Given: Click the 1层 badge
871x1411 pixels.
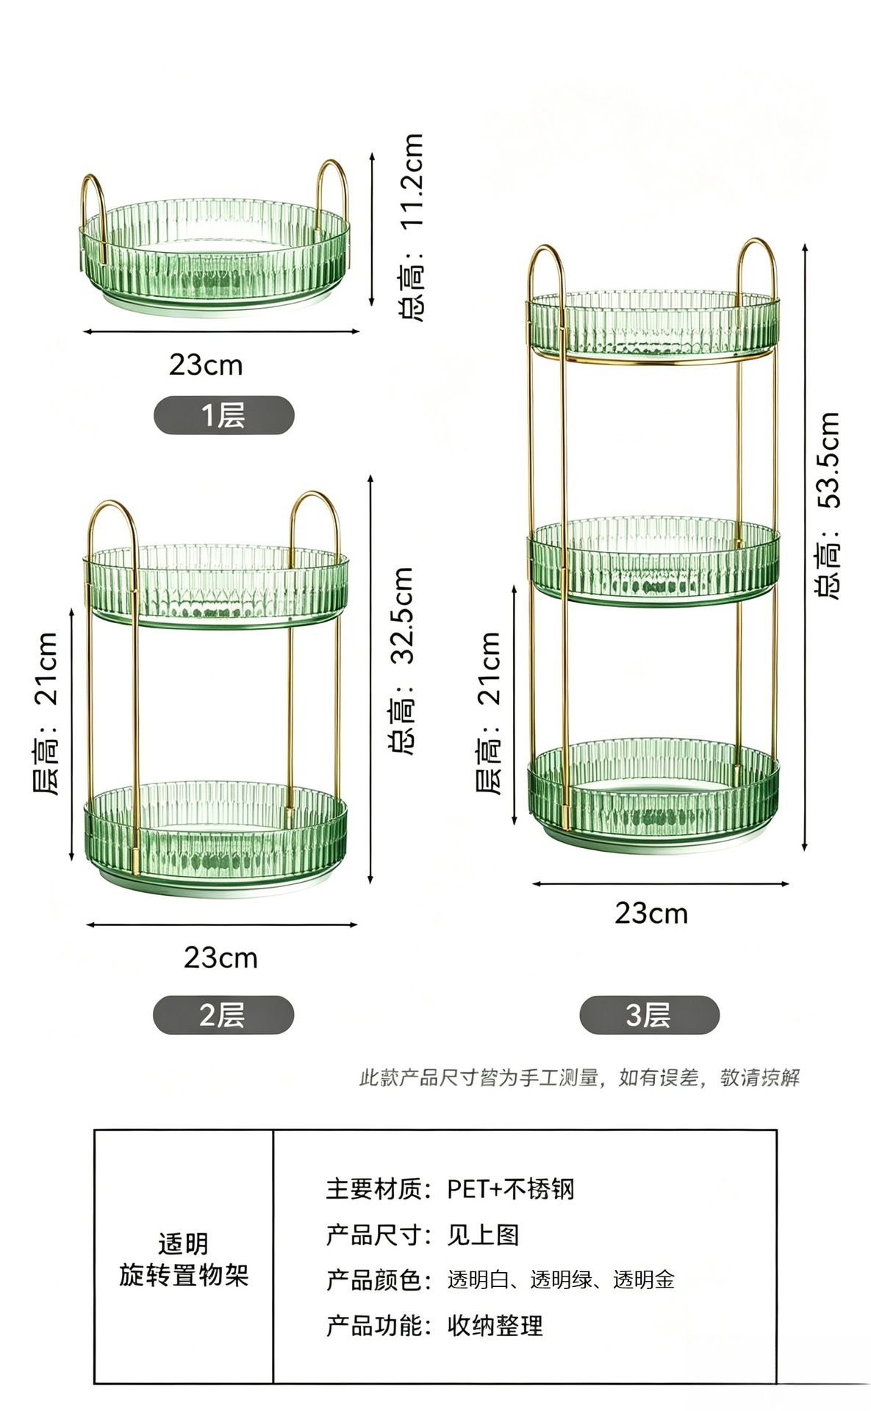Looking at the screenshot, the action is pos(223,415).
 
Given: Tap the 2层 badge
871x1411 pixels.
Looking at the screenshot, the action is pos(223,1015).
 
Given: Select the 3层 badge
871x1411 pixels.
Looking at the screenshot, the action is pos(649,1015).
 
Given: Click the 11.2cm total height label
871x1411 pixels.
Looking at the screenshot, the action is pos(412,227).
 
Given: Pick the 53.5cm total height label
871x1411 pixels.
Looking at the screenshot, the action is pos(828,505).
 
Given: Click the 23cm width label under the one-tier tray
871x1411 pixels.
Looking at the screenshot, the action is pos(206,365).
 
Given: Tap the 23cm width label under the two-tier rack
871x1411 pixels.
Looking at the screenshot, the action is pos(221,958).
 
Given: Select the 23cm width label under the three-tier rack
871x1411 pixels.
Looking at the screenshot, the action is pos(651,913).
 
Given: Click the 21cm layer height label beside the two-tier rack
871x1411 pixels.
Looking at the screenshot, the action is pos(46,713).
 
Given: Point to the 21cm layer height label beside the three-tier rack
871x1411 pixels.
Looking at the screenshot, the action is pos(490,713).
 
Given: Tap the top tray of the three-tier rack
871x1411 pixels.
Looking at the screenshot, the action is pos(653,326).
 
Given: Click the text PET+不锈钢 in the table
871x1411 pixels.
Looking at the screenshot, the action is pos(511,1188).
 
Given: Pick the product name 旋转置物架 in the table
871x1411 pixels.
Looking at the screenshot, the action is pos(184,1275).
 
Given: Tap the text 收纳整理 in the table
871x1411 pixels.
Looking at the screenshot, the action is pos(495,1326).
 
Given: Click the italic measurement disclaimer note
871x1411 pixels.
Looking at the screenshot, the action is pos(579,1078).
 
